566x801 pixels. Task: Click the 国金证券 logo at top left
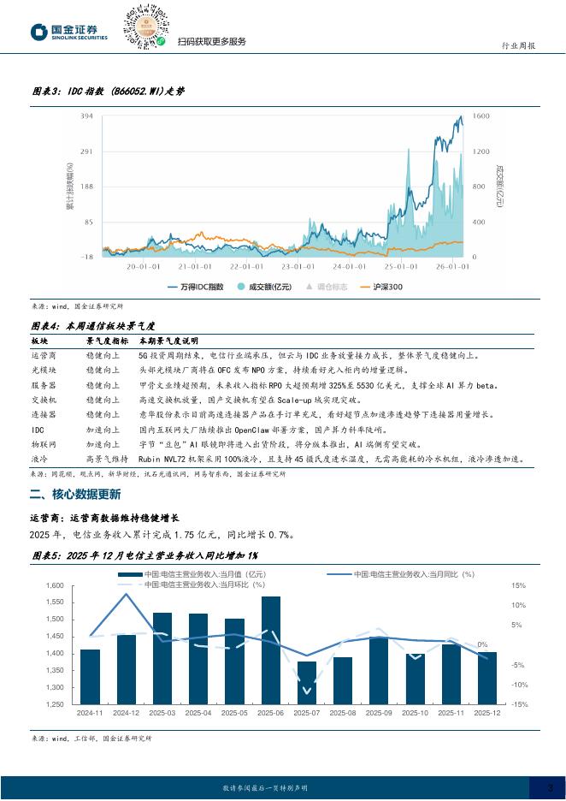[69, 33]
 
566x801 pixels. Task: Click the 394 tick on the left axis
[86, 116]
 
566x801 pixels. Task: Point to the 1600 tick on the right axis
[481, 116]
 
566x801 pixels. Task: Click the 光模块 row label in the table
[44, 371]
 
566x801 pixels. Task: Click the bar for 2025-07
[306, 682]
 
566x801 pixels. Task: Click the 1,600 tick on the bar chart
[54, 586]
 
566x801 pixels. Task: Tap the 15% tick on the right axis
[518, 586]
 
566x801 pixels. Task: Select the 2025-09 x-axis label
[379, 713]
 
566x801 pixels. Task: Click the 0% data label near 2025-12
[482, 644]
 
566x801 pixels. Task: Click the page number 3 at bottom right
[551, 787]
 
